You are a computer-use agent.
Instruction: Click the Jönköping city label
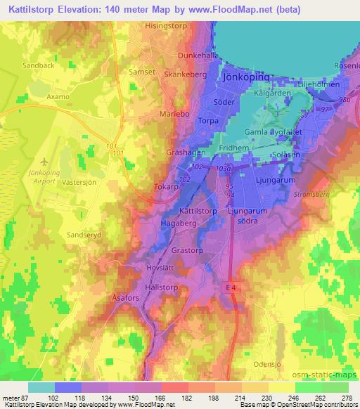point(245,77)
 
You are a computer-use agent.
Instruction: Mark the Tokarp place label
point(166,188)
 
